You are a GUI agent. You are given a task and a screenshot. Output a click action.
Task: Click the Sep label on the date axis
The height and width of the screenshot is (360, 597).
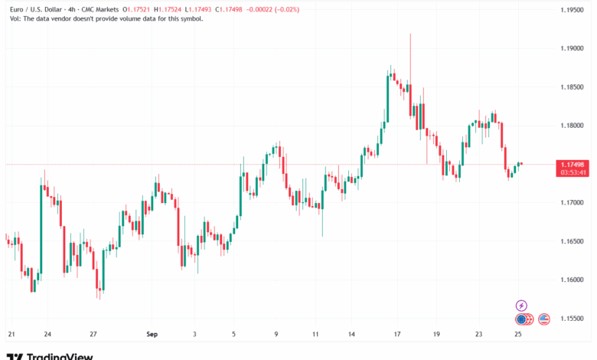click(152, 334)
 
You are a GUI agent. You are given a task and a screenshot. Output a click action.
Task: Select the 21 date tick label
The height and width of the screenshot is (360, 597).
click(11, 334)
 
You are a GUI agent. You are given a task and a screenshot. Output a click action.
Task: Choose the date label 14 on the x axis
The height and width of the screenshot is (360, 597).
click(352, 334)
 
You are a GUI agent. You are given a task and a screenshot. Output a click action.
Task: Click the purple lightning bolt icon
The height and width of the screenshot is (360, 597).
click(521, 305)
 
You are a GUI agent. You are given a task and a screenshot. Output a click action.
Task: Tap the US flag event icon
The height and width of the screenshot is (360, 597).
click(544, 319)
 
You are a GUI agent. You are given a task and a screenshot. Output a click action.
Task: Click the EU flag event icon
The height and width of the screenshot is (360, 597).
click(521, 319)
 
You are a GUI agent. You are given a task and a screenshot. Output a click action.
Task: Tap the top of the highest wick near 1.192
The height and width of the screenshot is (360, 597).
click(410, 34)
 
